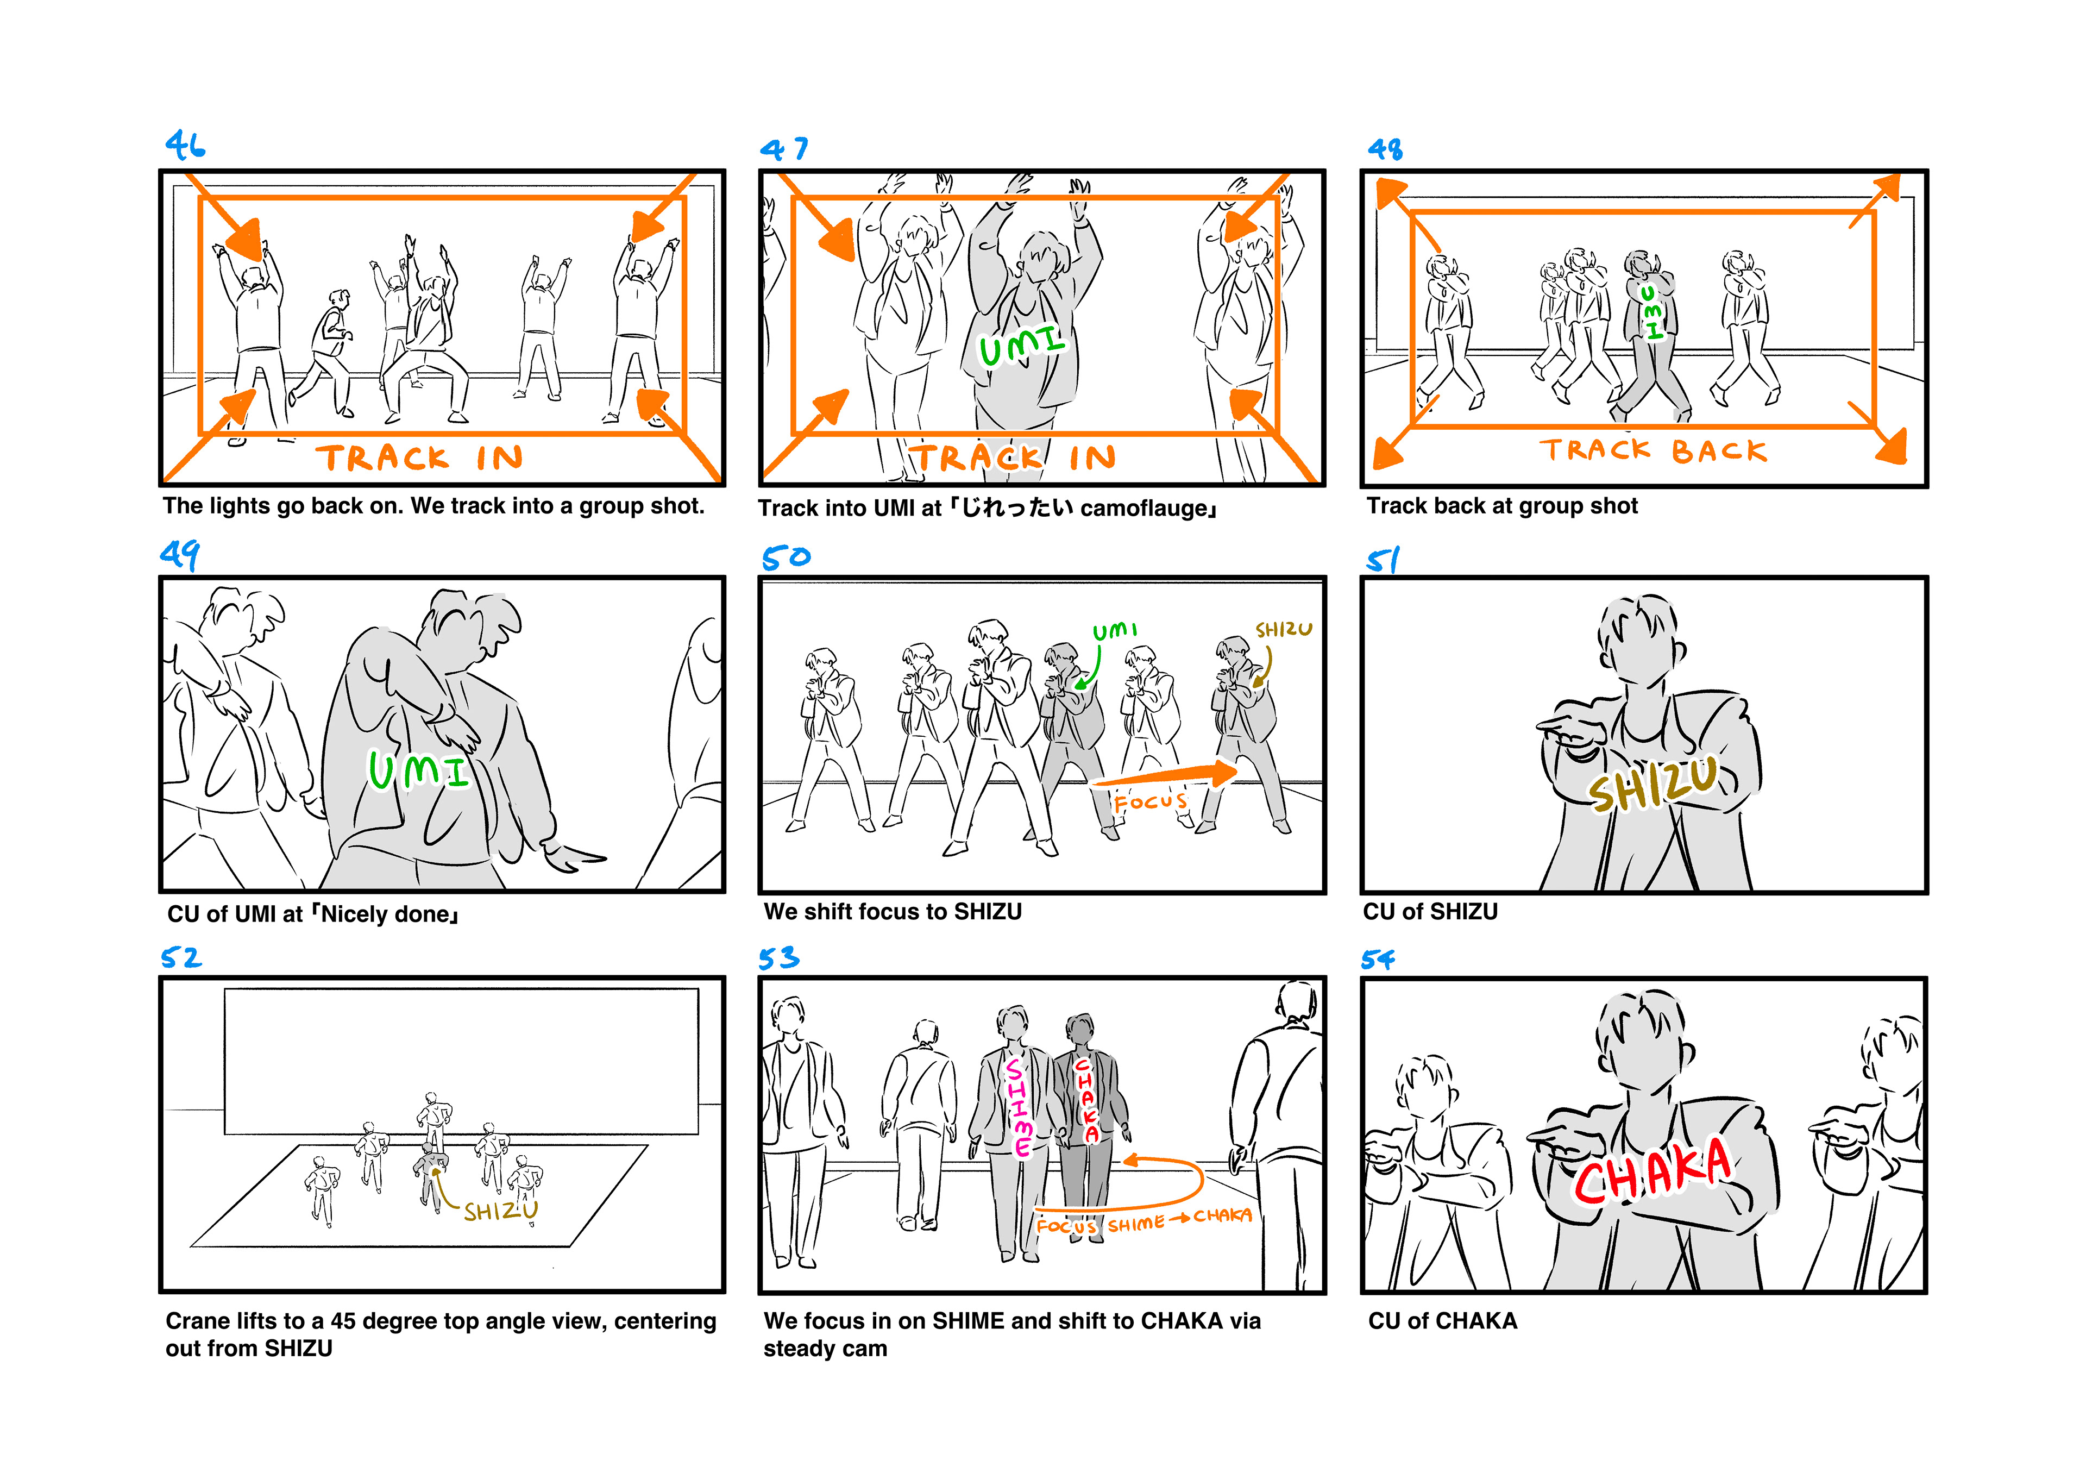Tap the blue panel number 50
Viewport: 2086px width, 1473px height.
pos(786,557)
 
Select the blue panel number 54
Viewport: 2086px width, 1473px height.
pos(1377,960)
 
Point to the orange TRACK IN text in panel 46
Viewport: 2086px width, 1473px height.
pos(420,457)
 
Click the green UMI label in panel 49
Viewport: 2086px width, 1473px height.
pos(419,770)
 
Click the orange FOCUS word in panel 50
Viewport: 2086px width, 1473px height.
pos(1150,801)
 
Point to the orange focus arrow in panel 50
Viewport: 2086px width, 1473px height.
pos(1166,776)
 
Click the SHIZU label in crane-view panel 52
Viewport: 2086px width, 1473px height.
pos(501,1211)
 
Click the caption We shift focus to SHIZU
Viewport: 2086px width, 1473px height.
pos(893,911)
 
